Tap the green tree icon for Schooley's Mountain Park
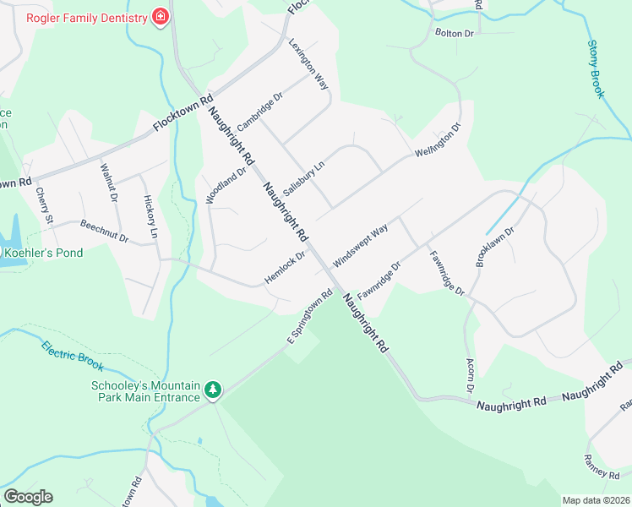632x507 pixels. [x=214, y=390]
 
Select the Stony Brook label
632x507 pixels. [x=596, y=69]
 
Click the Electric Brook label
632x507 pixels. [x=72, y=355]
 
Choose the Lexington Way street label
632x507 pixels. [x=308, y=64]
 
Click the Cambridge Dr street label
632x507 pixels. [x=259, y=111]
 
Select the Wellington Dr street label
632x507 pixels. [x=438, y=141]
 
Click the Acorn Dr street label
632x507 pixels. [x=470, y=375]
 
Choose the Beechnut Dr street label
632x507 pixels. [x=104, y=232]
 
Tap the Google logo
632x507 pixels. [x=28, y=497]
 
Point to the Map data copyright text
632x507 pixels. [x=595, y=500]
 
